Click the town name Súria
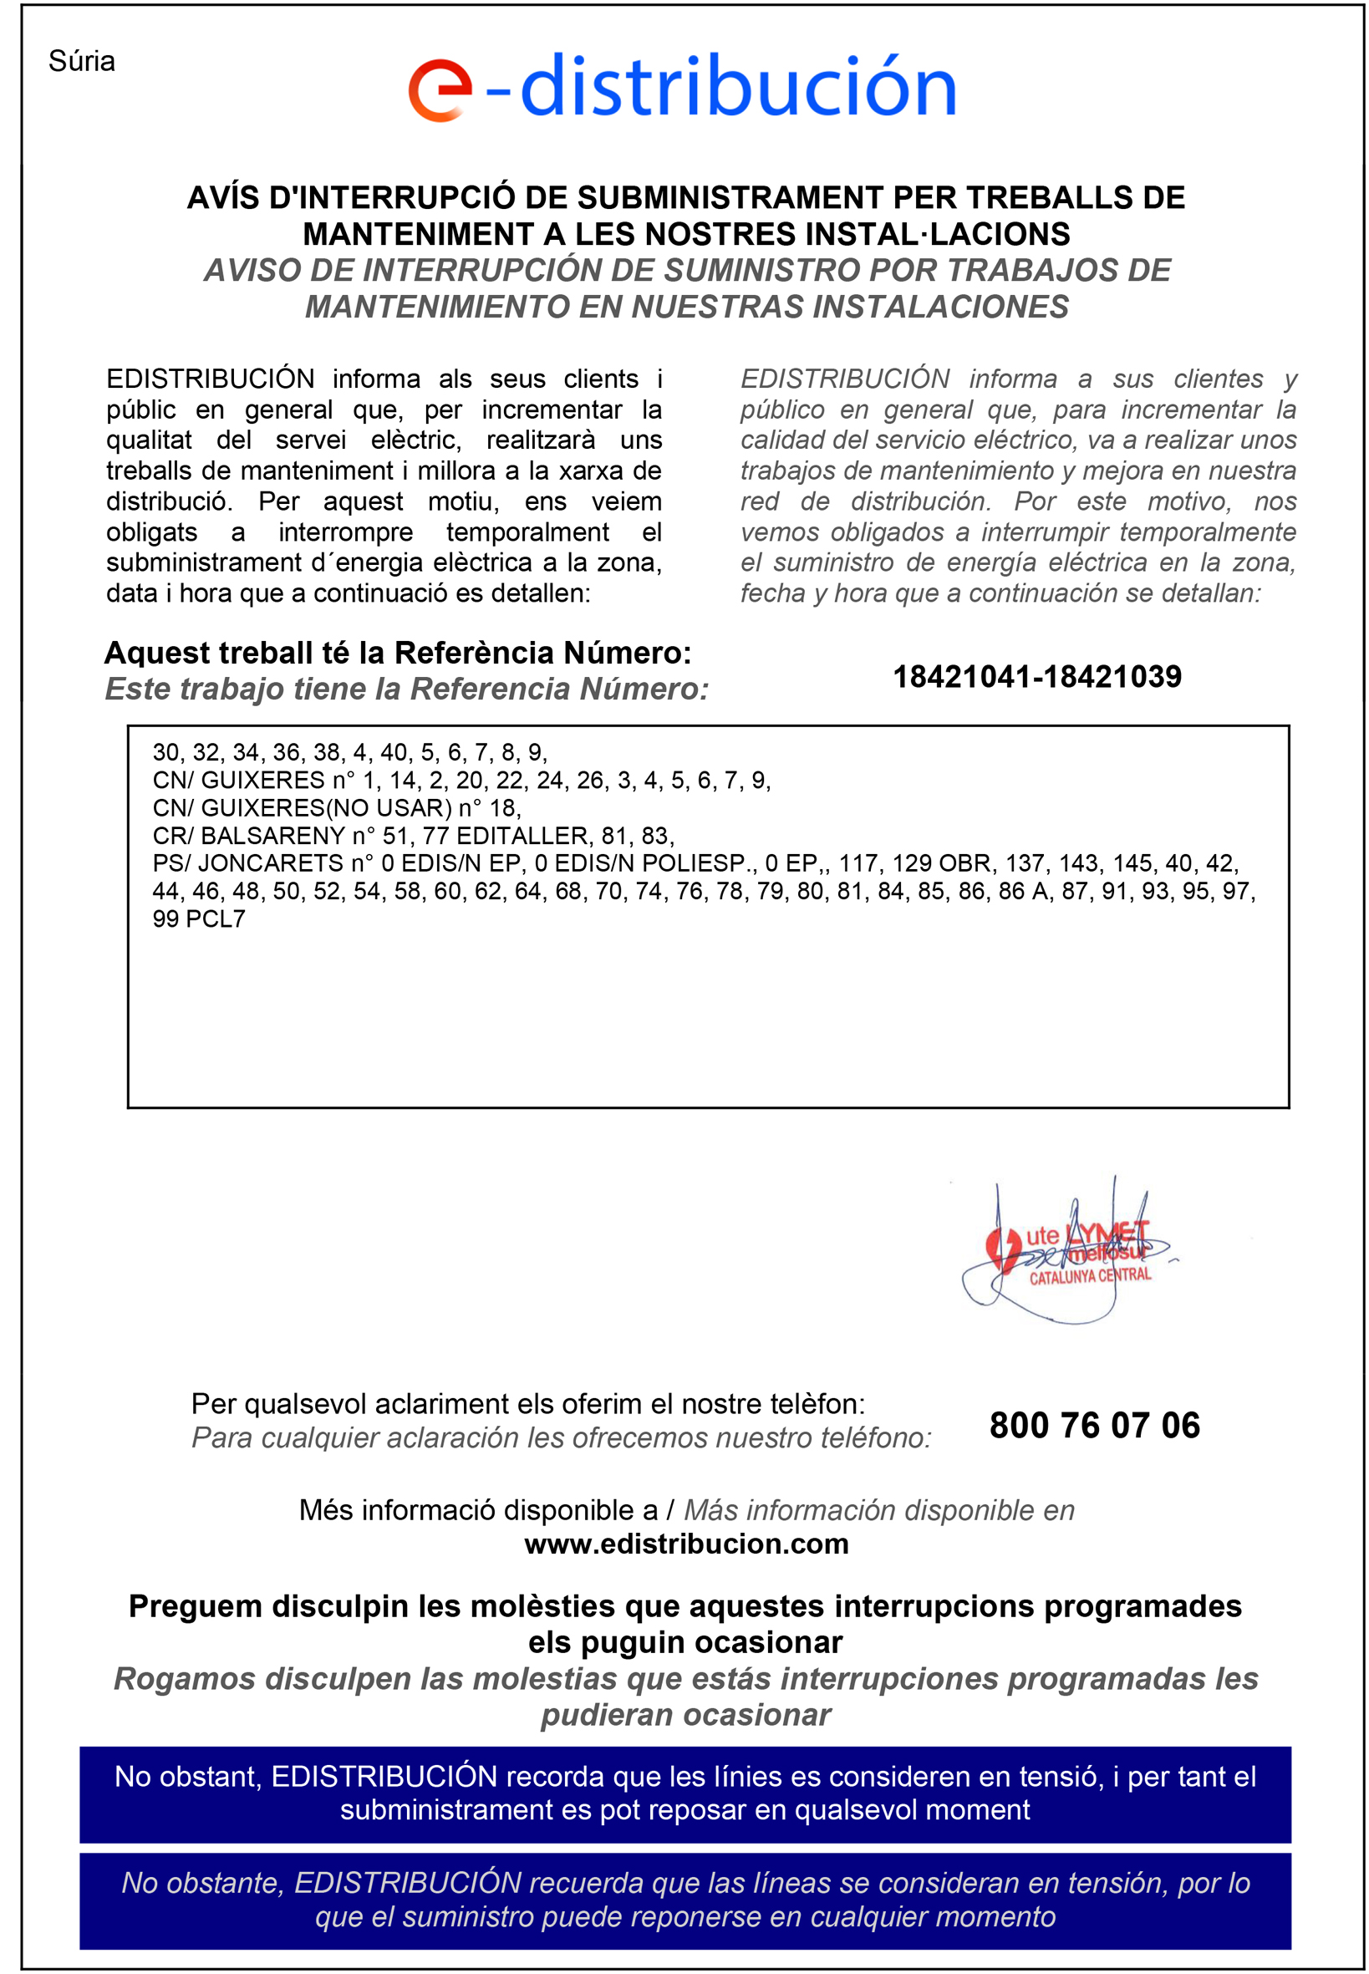click(x=82, y=62)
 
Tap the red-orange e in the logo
click(x=439, y=90)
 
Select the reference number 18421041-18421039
click(x=1036, y=677)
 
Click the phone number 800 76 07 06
click(x=1094, y=1425)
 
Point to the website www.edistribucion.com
click(x=686, y=1544)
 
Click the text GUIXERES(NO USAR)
click(x=326, y=808)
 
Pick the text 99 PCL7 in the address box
click(x=199, y=918)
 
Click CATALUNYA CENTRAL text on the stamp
click(x=1089, y=1276)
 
